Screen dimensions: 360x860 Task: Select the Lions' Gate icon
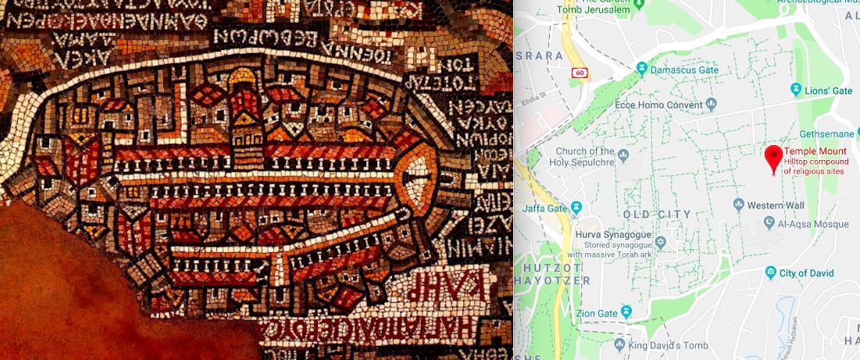click(796, 91)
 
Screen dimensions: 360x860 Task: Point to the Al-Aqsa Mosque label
click(813, 224)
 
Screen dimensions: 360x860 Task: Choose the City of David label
click(808, 273)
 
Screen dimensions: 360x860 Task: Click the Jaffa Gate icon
click(576, 208)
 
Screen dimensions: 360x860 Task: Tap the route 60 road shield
click(578, 73)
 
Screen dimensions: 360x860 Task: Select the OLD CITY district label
click(658, 214)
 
